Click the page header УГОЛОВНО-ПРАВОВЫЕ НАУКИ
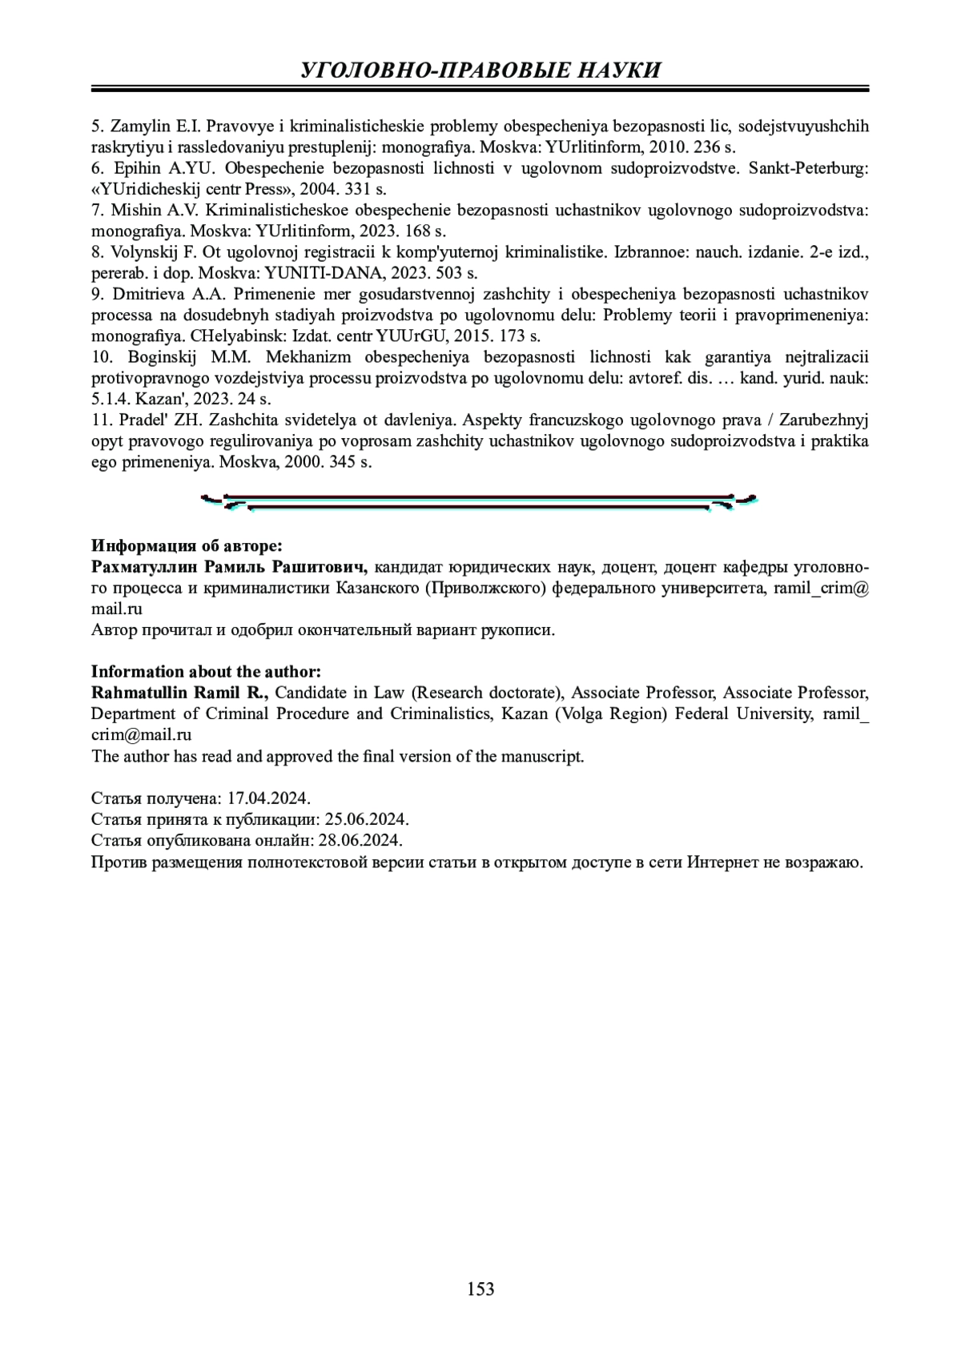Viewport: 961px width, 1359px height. click(x=480, y=70)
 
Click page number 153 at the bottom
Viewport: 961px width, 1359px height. click(x=480, y=1289)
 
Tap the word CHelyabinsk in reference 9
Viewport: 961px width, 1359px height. click(x=247, y=336)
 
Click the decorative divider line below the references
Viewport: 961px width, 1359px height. click(x=479, y=502)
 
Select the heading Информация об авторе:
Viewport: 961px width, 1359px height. click(x=187, y=546)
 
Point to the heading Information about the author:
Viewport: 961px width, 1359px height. click(x=206, y=671)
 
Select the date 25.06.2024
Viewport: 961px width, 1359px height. click(x=368, y=819)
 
